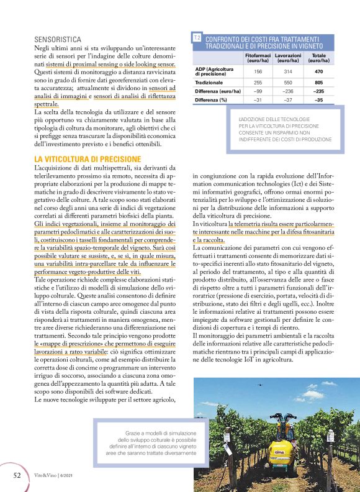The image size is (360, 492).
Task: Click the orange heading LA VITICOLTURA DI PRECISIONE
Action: click(x=84, y=160)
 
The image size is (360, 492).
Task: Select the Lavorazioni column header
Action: click(x=287, y=58)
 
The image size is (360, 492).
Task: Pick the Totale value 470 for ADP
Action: click(x=318, y=71)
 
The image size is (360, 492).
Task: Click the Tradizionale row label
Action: click(x=209, y=82)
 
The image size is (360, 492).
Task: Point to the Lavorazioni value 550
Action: click(x=287, y=82)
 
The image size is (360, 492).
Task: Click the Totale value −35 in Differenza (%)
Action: click(x=318, y=99)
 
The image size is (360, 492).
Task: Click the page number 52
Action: click(x=18, y=475)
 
